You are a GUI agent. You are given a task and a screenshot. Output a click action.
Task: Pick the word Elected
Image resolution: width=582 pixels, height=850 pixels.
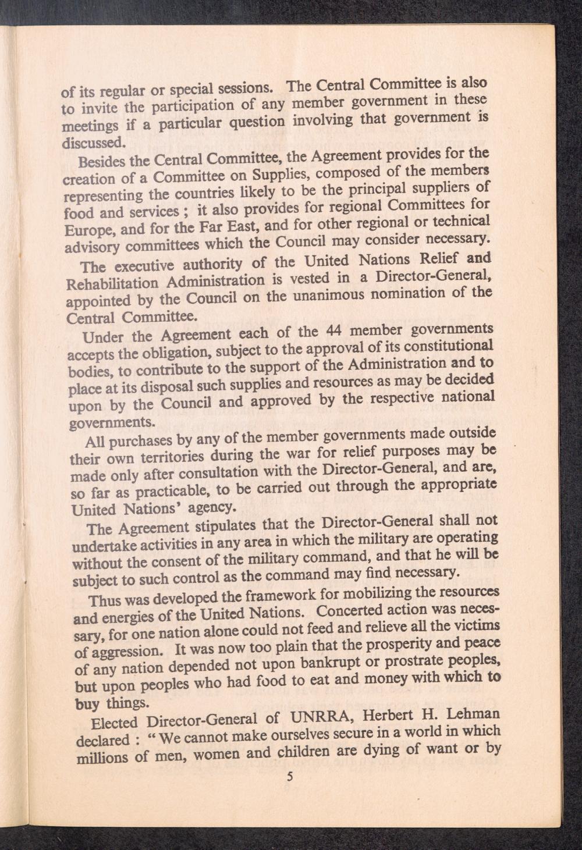(114, 724)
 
